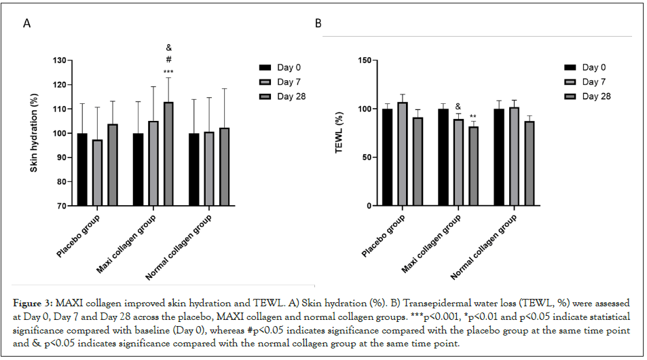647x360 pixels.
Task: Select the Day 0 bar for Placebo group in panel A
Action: pos(82,169)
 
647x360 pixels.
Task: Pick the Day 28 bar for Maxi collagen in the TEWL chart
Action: pos(473,166)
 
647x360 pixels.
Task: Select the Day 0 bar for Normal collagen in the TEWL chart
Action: pos(500,157)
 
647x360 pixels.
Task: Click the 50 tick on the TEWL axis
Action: pos(366,158)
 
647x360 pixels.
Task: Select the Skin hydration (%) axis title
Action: pos(34,133)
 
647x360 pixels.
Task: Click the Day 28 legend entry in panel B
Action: pos(590,96)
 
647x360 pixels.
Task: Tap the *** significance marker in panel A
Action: pos(168,71)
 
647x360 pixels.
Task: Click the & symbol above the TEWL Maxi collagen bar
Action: pos(458,107)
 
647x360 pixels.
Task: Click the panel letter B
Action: pos(318,24)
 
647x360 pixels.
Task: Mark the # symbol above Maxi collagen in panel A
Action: pos(168,59)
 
